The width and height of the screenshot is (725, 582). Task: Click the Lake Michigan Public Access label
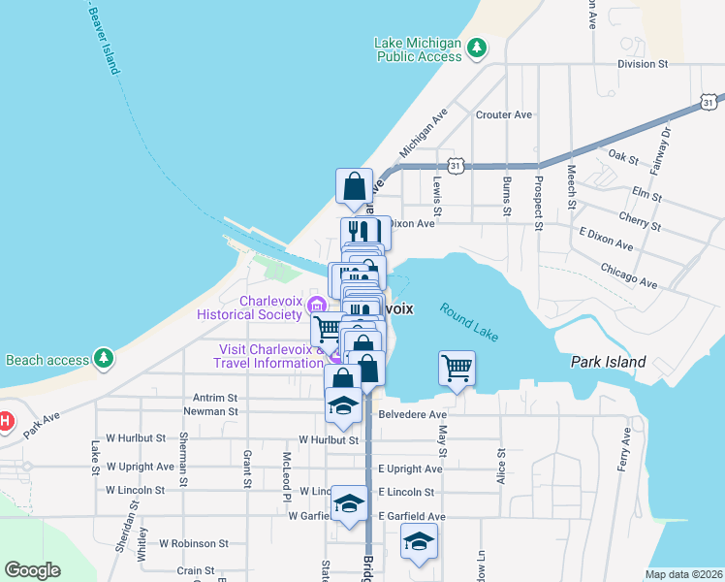[418, 49]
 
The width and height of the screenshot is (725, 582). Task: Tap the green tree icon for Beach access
[104, 359]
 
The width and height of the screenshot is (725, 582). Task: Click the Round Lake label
[469, 322]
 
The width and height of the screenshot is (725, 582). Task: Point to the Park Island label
[608, 362]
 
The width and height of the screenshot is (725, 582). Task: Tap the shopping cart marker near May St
[457, 368]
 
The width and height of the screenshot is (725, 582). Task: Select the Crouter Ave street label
[504, 114]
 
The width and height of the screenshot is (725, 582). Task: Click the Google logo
[33, 570]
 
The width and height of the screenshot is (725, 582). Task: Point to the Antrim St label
[215, 398]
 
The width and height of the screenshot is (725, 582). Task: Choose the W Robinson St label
[194, 544]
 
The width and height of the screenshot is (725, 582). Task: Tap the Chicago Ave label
[629, 275]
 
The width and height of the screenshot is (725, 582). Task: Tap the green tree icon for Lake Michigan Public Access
[476, 47]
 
